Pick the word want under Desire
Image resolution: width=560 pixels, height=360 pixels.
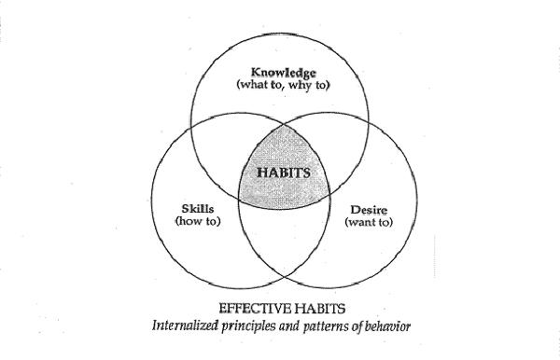(x=362, y=224)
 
